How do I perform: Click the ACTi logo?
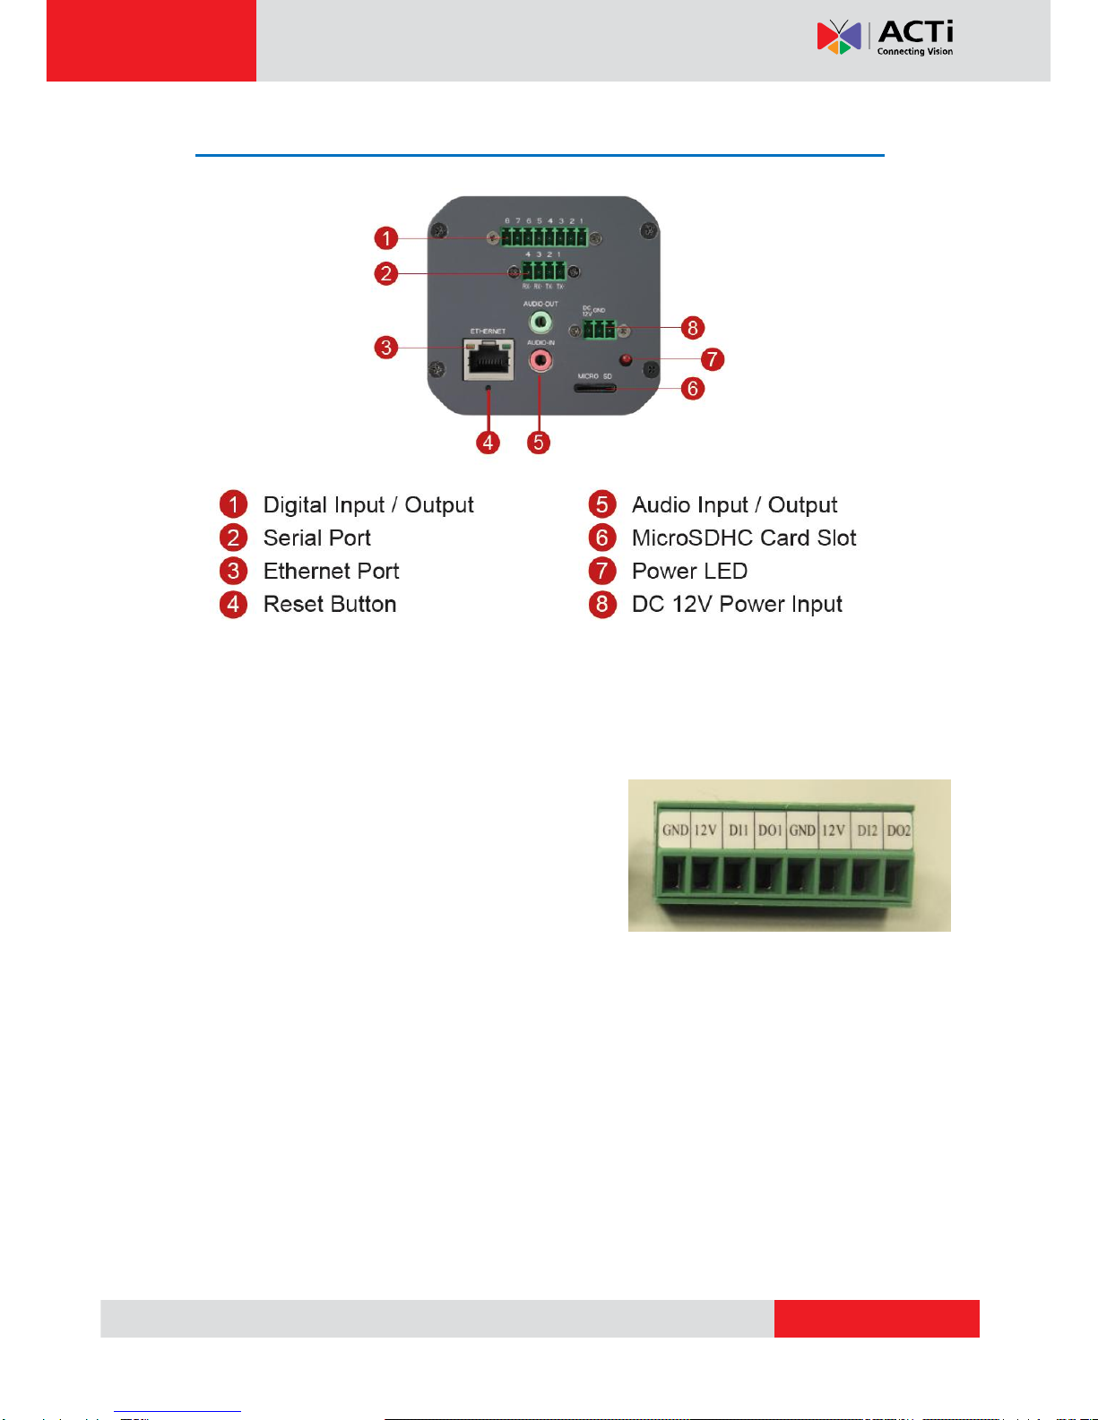885,38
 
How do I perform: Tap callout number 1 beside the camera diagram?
385,238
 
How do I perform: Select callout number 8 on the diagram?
692,328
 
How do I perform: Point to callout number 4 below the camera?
488,442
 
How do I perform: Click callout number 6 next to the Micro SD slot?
692,389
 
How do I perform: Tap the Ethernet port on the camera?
488,359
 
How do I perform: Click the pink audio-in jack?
540,360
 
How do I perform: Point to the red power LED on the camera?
626,360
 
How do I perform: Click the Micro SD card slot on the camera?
595,388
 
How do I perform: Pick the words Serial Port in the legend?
316,538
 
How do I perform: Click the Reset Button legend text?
330,604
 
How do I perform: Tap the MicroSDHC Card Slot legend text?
744,538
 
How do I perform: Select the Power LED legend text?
689,571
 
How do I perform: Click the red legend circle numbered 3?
233,571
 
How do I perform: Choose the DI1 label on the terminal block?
738,830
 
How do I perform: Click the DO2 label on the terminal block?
898,830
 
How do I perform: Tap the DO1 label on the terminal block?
770,830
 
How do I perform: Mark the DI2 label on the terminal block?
867,830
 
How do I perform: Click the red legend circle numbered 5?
602,504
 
